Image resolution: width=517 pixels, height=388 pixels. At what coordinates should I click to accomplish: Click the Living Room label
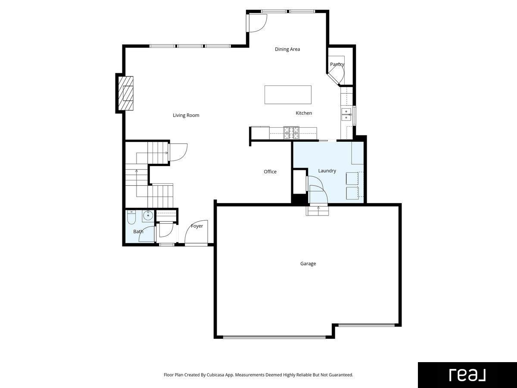pyautogui.click(x=186, y=115)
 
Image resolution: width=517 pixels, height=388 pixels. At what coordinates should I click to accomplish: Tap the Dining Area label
pyautogui.click(x=287, y=49)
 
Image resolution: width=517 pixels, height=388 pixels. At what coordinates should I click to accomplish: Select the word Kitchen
pyautogui.click(x=304, y=113)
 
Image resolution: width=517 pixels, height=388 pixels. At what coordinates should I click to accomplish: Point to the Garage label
pyautogui.click(x=308, y=263)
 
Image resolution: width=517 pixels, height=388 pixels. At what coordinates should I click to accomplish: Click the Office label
pyautogui.click(x=270, y=172)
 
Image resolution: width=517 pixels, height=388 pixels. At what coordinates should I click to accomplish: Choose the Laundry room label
pyautogui.click(x=327, y=171)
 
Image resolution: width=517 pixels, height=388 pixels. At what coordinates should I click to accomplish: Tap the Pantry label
pyautogui.click(x=337, y=64)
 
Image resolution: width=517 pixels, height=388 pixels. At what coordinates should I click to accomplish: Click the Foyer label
pyautogui.click(x=196, y=226)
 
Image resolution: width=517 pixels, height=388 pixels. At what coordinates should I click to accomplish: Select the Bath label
pyautogui.click(x=138, y=232)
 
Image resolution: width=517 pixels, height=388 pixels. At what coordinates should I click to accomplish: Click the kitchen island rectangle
pyautogui.click(x=288, y=95)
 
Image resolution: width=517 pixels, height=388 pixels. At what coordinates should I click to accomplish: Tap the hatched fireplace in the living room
pyautogui.click(x=126, y=93)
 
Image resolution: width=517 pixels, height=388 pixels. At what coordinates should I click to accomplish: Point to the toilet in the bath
pyautogui.click(x=131, y=217)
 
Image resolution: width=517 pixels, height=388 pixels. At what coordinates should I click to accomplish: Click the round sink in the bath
pyautogui.click(x=148, y=215)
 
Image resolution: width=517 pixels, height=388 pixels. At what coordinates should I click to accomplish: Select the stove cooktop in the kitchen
pyautogui.click(x=291, y=133)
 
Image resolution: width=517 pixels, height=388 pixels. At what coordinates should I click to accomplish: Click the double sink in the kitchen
pyautogui.click(x=346, y=114)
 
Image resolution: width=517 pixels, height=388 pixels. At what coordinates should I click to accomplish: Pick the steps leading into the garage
pyautogui.click(x=317, y=211)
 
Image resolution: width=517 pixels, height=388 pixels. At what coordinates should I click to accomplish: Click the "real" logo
pyautogui.click(x=467, y=375)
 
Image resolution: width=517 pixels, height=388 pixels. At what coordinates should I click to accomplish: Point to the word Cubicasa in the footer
pyautogui.click(x=215, y=375)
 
